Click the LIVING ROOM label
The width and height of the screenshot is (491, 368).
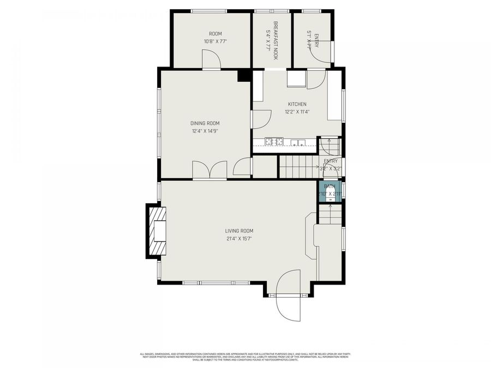(239, 231)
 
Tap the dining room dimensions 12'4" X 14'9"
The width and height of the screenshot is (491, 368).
(205, 131)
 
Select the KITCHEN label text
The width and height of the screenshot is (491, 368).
(297, 104)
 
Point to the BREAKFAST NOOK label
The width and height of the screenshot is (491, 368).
(276, 36)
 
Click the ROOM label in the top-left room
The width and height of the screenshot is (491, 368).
(215, 34)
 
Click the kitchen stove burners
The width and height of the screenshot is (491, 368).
(274, 142)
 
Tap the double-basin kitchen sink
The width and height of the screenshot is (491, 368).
(298, 143)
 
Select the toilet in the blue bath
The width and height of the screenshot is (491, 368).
(330, 199)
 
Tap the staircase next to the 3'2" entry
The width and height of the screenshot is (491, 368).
(298, 167)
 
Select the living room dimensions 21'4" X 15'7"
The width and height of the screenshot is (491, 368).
(239, 238)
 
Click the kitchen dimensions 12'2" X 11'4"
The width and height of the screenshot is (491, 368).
(297, 112)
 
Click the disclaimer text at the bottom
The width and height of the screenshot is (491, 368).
(245, 357)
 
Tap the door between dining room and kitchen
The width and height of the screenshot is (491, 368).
(261, 119)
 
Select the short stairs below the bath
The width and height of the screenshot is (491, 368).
(330, 215)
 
